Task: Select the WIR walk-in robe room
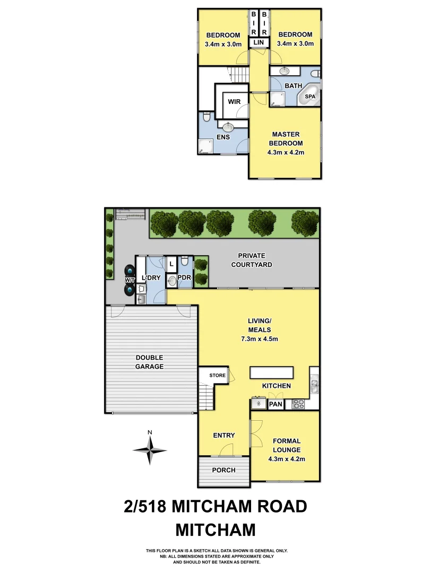pos(234,101)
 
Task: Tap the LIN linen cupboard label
pos(259,42)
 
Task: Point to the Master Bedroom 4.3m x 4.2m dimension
pos(287,152)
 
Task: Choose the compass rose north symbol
pos(150,449)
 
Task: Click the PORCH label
pos(223,470)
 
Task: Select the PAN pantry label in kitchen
pos(275,405)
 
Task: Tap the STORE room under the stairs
pos(217,376)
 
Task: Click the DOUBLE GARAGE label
pos(149,362)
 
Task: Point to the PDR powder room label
pos(185,277)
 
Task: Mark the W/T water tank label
pos(130,280)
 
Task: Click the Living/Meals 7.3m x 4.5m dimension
pos(260,338)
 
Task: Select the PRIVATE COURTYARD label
pos(255,260)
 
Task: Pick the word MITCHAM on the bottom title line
pos(216,529)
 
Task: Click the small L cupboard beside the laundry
pos(171,263)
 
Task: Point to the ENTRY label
pos(223,436)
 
